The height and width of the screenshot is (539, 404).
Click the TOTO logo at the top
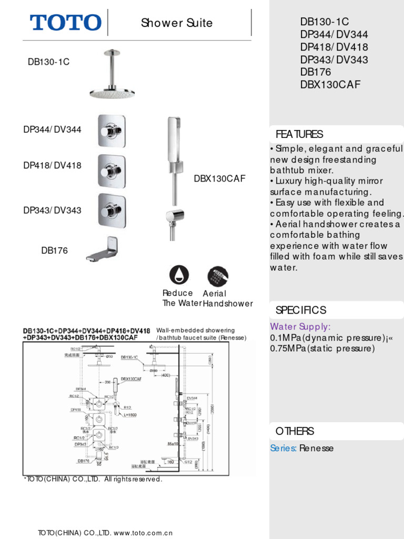click(x=65, y=23)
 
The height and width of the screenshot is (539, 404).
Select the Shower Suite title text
click(x=177, y=23)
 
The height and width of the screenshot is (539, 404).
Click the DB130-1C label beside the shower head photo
click(x=48, y=62)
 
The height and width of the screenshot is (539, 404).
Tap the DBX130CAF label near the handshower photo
click(x=219, y=179)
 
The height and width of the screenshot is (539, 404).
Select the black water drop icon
click(x=179, y=275)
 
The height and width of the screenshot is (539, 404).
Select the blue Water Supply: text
click(x=300, y=327)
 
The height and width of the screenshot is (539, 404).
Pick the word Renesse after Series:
click(x=317, y=448)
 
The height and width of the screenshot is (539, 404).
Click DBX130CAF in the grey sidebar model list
click(x=330, y=84)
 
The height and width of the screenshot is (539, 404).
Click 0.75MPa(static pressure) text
click(x=322, y=348)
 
